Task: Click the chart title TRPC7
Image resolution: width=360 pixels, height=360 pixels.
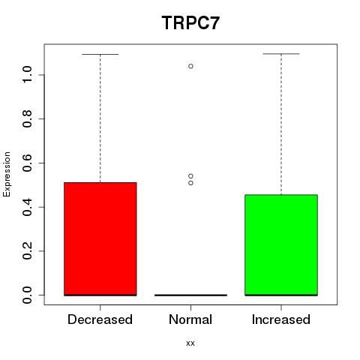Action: [x=190, y=23]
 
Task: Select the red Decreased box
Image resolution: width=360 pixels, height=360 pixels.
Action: [x=100, y=239]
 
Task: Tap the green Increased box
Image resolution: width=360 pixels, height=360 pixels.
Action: [x=281, y=245]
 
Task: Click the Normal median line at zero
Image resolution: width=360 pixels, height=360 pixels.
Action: [x=190, y=295]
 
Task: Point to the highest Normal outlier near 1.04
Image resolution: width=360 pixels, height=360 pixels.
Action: [x=190, y=66]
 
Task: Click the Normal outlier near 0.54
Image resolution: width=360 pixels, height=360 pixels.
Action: [x=190, y=176]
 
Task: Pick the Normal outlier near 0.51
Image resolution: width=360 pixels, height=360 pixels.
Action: [x=190, y=183]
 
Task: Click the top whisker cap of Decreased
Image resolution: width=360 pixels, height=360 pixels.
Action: [x=100, y=54]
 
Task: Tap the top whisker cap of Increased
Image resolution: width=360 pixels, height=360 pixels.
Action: [x=281, y=54]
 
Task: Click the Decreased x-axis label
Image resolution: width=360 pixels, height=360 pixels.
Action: [x=100, y=319]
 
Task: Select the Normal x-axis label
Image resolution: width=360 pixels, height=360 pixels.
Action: [x=190, y=319]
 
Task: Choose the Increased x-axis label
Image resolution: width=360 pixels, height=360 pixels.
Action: [x=281, y=319]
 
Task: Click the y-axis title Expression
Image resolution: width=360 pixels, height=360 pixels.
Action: [x=7, y=174]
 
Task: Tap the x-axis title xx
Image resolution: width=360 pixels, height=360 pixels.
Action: [x=190, y=343]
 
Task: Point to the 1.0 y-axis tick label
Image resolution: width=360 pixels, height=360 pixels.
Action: [x=27, y=75]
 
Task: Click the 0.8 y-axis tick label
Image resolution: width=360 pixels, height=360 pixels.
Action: [x=27, y=118]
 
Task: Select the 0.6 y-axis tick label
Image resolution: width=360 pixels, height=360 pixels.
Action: [x=27, y=163]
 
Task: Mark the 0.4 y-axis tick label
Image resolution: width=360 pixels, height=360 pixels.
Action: [x=27, y=207]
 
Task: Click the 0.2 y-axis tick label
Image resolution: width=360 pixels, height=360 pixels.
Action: [x=27, y=251]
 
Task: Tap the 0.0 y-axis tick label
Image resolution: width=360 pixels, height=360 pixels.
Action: [x=27, y=295]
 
